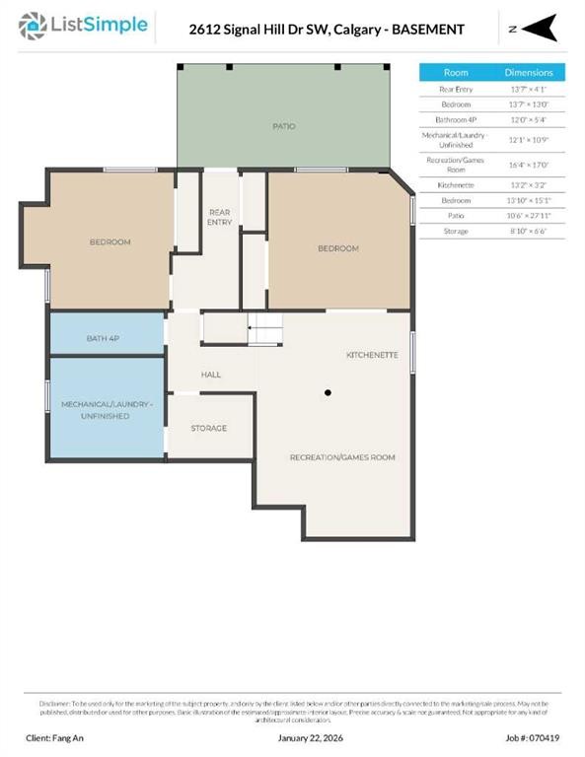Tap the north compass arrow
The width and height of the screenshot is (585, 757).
click(x=538, y=30)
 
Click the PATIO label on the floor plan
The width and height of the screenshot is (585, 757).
click(x=284, y=126)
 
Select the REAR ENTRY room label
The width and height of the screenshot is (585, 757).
click(x=219, y=216)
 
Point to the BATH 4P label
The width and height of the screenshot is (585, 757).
click(x=105, y=338)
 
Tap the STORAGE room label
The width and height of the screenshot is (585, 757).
click(x=208, y=428)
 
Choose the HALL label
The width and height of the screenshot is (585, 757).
click(x=211, y=375)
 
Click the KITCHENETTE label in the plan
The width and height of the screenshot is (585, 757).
click(x=372, y=354)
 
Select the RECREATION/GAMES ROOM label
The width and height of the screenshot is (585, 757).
click(x=341, y=457)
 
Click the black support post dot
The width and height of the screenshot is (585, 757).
click(x=328, y=392)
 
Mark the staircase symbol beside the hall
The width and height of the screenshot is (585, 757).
click(x=263, y=328)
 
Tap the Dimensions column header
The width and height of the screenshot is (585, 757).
click(x=529, y=72)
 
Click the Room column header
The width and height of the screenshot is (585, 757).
click(x=456, y=72)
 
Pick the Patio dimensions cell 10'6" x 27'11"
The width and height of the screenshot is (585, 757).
click(x=529, y=214)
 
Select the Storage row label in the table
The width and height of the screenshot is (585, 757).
click(x=456, y=231)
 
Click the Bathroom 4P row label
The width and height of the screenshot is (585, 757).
click(x=456, y=118)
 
